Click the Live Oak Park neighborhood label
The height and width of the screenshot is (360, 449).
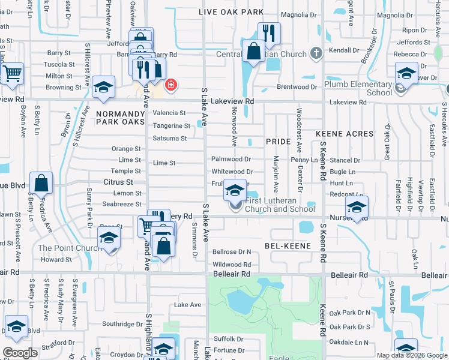(x=231, y=12)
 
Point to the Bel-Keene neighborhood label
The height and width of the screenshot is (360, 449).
(x=287, y=246)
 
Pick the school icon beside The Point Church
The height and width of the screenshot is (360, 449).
(x=109, y=237)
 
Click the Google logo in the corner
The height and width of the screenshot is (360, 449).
(x=19, y=352)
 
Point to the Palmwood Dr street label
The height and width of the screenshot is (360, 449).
(x=231, y=160)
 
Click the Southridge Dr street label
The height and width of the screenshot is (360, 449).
(x=122, y=324)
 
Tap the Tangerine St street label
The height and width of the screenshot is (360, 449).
(x=171, y=126)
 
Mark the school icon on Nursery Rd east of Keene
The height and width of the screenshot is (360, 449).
(x=357, y=208)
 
